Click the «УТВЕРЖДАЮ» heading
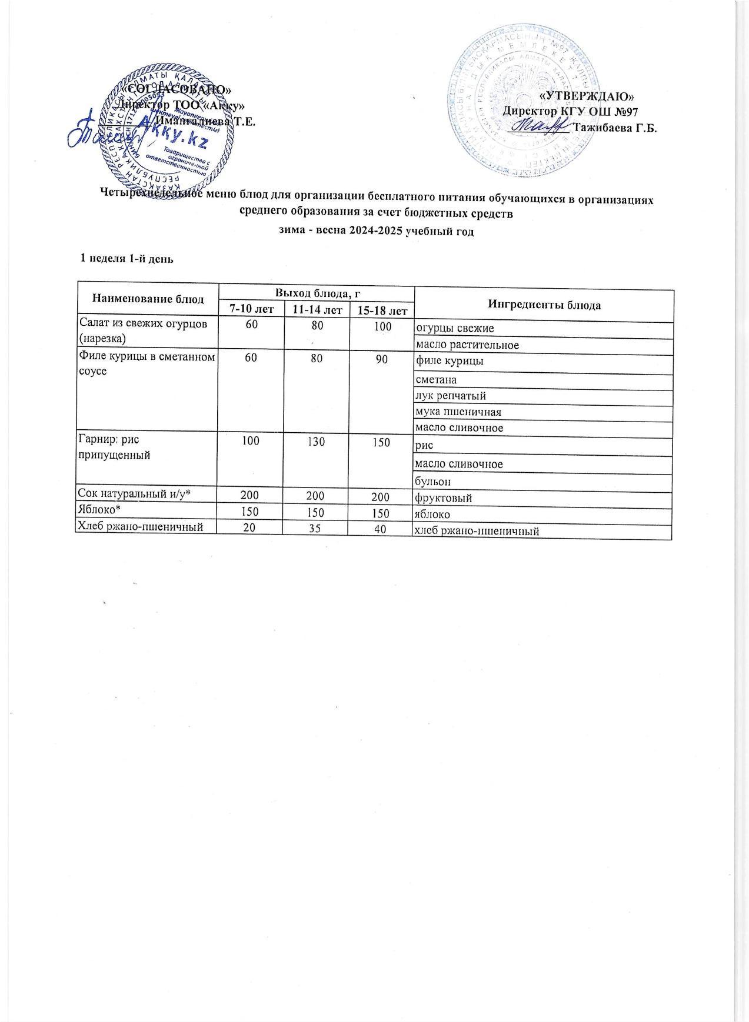tap(587, 95)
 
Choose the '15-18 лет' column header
tap(381, 309)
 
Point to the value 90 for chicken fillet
tap(381, 359)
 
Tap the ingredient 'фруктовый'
tap(444, 499)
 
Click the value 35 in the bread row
tap(316, 529)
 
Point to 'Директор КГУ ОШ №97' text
tap(570, 111)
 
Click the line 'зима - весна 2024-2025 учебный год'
tap(375, 231)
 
